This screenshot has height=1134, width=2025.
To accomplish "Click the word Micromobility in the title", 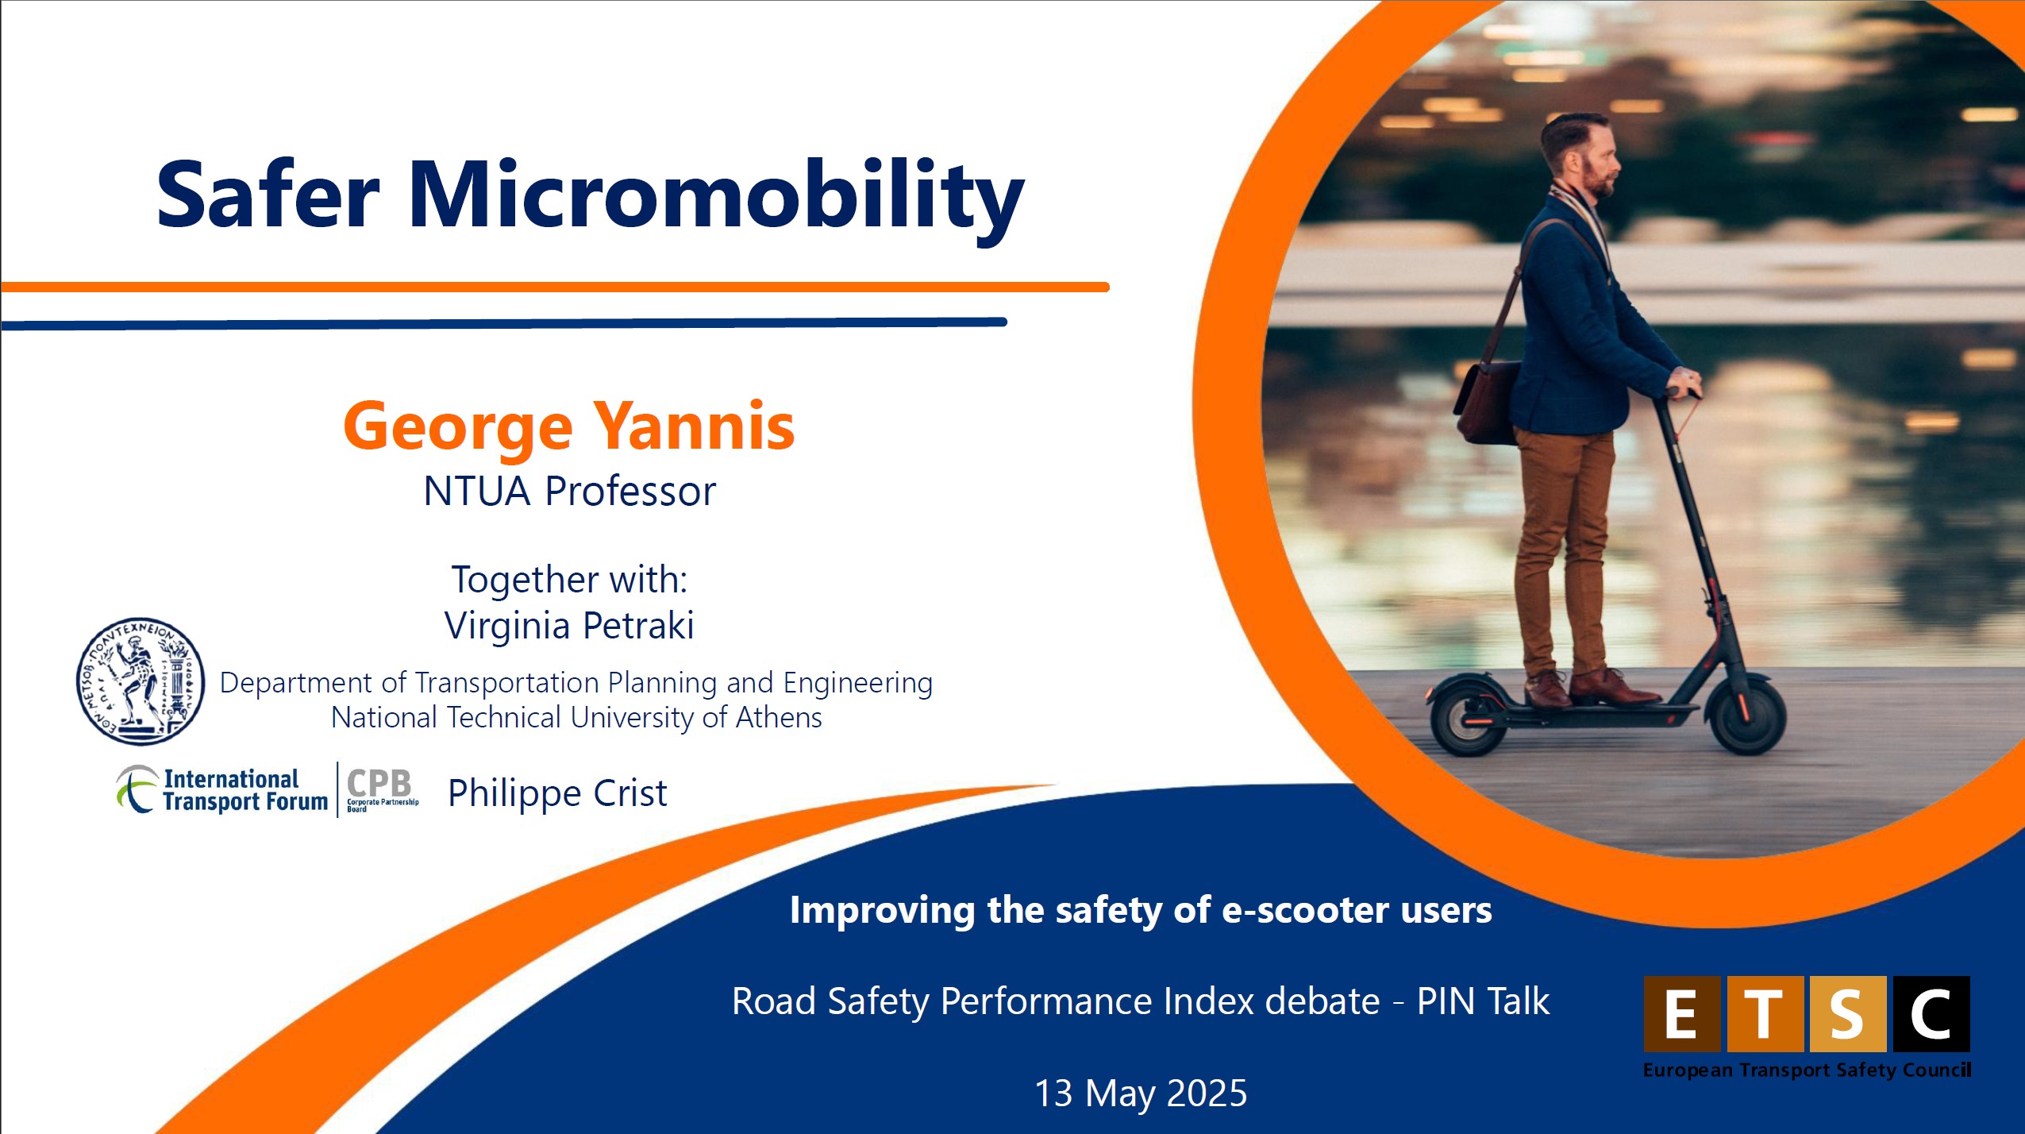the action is (x=715, y=197).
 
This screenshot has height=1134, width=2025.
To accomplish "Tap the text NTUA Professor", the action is (x=569, y=491).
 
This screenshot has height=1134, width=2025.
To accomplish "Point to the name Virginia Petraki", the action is (x=569, y=625).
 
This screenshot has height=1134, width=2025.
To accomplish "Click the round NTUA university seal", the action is (x=141, y=681).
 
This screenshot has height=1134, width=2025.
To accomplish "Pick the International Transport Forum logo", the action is (x=221, y=789).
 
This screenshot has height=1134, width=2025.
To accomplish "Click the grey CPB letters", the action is (x=379, y=783).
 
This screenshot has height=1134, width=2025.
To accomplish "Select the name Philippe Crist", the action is (x=557, y=793).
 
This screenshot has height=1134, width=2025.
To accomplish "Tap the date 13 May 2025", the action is (x=1141, y=1093).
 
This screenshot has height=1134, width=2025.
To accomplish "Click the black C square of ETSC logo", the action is (x=1931, y=1014).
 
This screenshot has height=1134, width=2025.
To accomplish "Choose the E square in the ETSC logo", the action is (x=1681, y=1014).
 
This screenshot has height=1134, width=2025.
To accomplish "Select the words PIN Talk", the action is (x=1483, y=1001).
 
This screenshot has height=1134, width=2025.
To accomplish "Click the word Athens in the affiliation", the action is (x=779, y=718).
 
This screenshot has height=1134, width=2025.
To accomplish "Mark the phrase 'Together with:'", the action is (x=569, y=579).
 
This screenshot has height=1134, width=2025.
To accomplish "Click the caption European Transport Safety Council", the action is (x=1807, y=1070).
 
